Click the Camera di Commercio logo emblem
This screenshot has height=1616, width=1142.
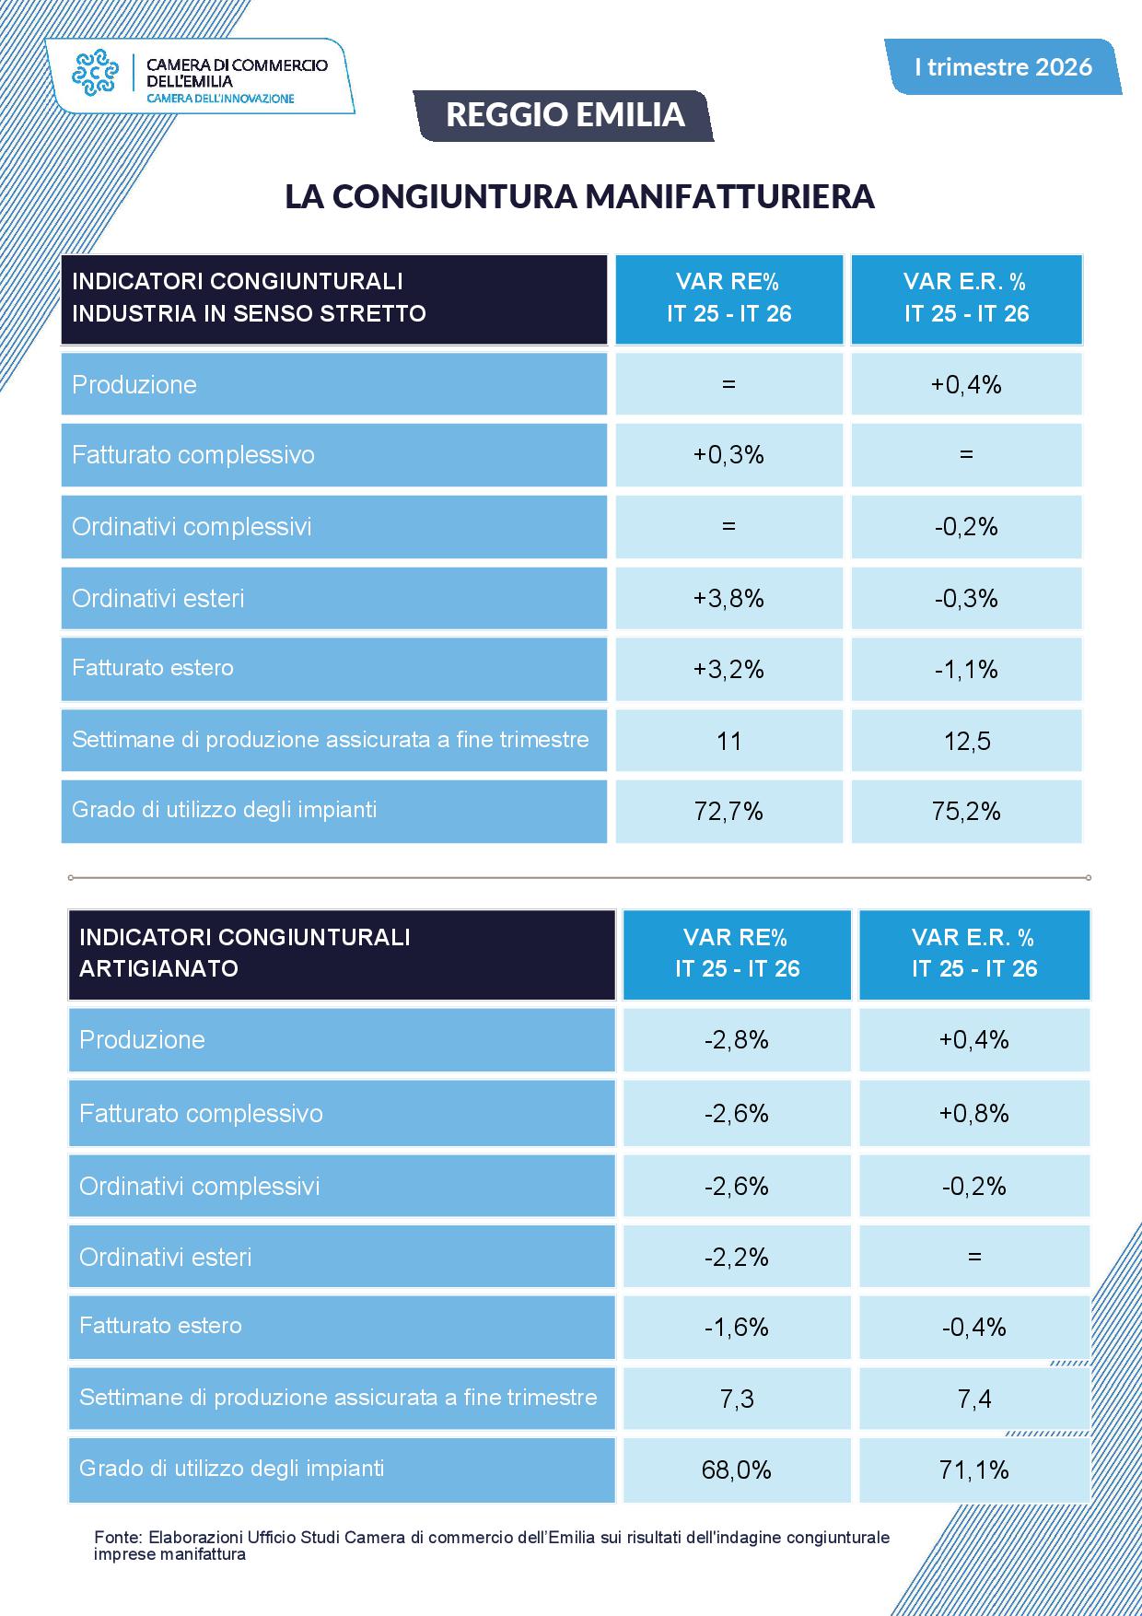pos(97,72)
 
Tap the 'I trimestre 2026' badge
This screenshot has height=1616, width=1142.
pos(1003,66)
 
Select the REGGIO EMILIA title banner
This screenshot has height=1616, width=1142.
pos(565,115)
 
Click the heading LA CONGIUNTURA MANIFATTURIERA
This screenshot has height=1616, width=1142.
pos(579,196)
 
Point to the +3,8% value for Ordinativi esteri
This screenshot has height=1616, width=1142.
pos(728,599)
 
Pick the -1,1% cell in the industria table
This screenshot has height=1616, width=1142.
pos(966,669)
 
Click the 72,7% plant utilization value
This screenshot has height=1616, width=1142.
pos(728,811)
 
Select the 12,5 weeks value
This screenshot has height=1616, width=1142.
pos(966,741)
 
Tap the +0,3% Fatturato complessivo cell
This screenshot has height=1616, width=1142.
pos(728,455)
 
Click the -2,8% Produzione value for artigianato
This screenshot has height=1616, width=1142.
pos(736,1040)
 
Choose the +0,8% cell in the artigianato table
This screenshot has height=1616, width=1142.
pos(973,1113)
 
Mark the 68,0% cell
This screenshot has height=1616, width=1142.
pos(736,1470)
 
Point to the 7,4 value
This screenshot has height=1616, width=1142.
pos(973,1399)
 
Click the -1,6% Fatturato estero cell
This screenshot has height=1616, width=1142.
pos(736,1327)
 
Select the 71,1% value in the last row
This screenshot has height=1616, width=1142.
pos(973,1470)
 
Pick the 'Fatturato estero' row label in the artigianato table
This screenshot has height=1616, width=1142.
pos(160,1326)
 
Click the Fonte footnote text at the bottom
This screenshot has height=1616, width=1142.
pos(492,1546)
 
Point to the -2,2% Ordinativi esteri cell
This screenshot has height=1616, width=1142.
pos(736,1257)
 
